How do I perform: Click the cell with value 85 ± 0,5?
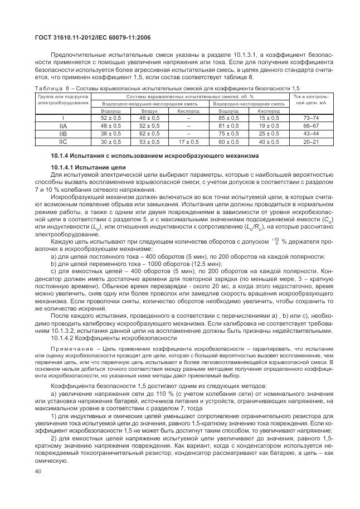[x=228, y=118]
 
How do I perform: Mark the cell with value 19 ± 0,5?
[x=269, y=126]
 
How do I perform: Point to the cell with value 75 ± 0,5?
[x=228, y=134]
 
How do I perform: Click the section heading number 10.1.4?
[x=61, y=156]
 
